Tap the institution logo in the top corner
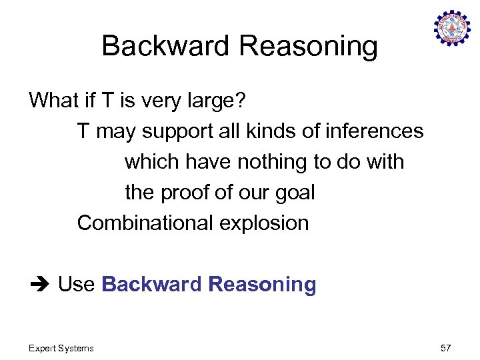point(452,28)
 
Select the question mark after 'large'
point(241,101)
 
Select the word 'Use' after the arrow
point(77,285)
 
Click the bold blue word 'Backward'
point(152,285)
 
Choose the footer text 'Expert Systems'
point(61,348)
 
